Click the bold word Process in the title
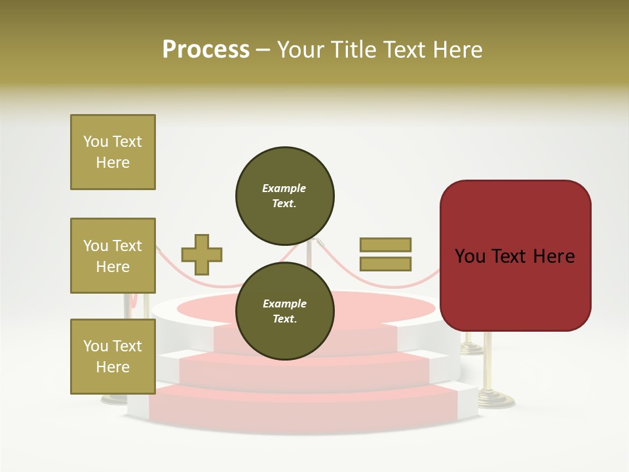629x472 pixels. coord(206,50)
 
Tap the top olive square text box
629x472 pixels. coord(113,152)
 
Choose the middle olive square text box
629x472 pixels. coord(113,256)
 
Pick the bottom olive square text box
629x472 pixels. coord(113,357)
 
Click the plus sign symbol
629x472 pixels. coord(202,255)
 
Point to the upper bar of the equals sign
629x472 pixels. coord(385,245)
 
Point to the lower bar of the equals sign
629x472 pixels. coord(385,264)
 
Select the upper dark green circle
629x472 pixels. coord(285,195)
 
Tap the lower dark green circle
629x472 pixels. coord(285,311)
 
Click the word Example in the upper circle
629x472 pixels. coord(284,188)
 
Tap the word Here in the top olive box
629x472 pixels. coord(113,163)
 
